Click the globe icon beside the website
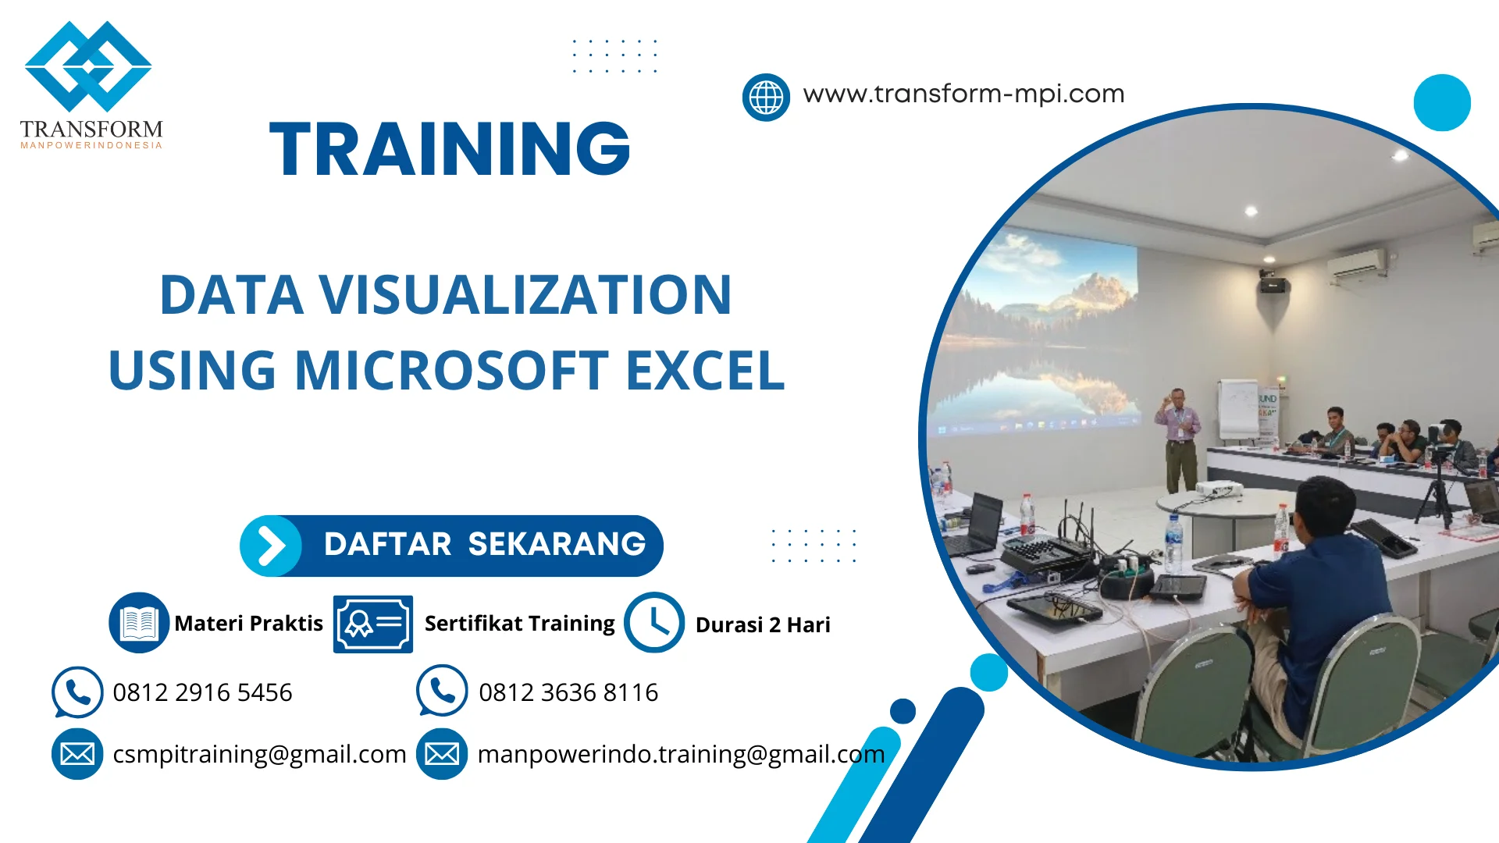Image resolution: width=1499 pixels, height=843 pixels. (766, 98)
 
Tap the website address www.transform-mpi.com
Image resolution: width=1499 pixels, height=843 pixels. (963, 94)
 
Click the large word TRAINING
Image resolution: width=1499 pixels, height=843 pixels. (450, 148)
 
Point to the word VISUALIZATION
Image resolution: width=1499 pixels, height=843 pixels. (525, 295)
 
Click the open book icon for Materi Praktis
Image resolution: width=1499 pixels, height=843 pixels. (139, 623)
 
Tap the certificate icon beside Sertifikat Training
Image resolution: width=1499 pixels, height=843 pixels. (372, 624)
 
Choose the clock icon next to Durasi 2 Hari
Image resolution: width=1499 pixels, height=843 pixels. (654, 623)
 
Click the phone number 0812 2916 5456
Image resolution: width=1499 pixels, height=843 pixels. (202, 692)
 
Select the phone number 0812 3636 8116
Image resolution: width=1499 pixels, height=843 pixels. (568, 692)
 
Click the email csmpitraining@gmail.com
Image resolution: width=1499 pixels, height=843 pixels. (259, 754)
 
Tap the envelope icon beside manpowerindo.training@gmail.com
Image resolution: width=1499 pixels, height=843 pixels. (442, 754)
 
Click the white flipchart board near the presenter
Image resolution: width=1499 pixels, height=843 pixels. (1238, 410)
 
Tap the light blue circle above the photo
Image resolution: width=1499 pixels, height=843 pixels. (1442, 102)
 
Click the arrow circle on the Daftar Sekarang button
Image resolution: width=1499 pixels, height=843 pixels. (271, 546)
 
